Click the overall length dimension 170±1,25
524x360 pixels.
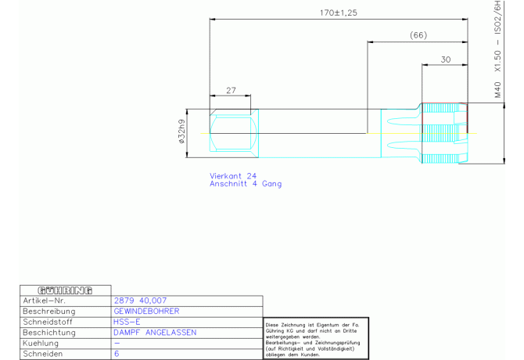pos(339,13)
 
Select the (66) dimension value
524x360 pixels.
pos(418,35)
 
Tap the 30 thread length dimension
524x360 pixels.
pos(445,59)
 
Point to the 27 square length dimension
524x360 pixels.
pos(231,91)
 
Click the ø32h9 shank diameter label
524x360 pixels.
pos(181,132)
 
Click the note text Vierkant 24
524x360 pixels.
pos(233,175)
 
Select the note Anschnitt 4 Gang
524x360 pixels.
pos(246,184)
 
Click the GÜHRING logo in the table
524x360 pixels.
pos(65,290)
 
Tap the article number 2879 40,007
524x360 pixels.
pos(140,301)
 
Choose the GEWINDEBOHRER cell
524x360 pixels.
pos(146,311)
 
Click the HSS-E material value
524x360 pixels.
pos(127,322)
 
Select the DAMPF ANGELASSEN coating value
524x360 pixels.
pos(155,333)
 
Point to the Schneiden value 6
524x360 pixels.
pos(117,354)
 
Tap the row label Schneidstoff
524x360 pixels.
pos(49,322)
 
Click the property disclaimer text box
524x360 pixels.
pos(312,339)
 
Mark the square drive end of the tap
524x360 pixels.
pos(232,132)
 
